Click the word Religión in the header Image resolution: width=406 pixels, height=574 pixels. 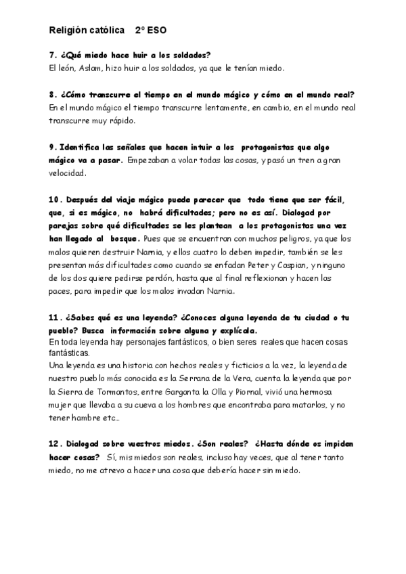point(70,30)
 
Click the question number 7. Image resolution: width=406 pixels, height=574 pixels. point(52,55)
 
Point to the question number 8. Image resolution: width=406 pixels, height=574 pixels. point(52,94)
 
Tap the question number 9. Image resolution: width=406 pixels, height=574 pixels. point(52,147)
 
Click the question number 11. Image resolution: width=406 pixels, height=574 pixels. point(55,317)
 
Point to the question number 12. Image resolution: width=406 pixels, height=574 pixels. point(55,443)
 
